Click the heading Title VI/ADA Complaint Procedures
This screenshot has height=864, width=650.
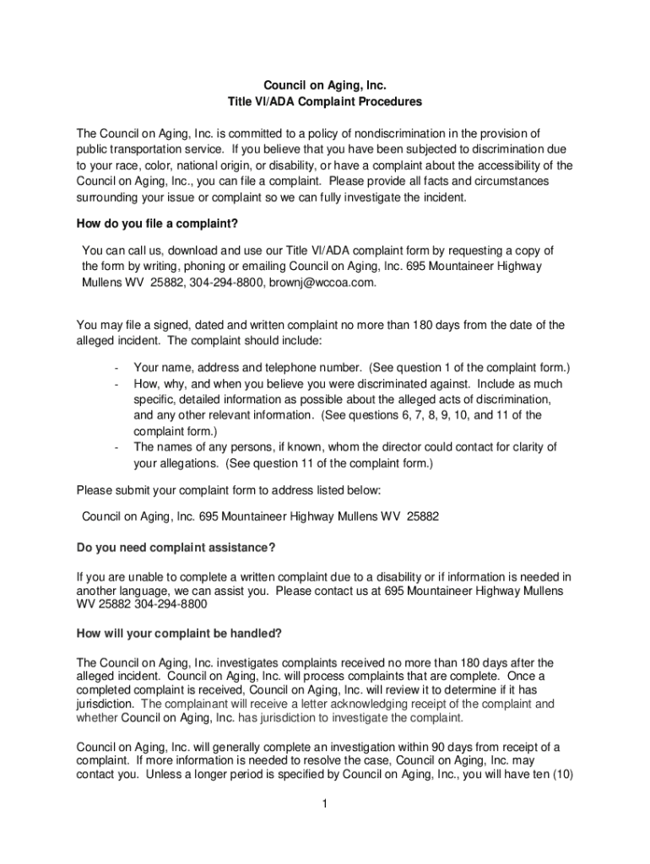coord(325,102)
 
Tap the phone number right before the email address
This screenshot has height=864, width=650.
coord(227,283)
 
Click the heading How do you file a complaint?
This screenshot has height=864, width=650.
coord(157,223)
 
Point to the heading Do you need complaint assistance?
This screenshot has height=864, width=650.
coord(176,548)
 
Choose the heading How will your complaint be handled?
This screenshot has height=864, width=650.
coord(179,634)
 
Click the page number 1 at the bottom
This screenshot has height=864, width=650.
coord(324,804)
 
